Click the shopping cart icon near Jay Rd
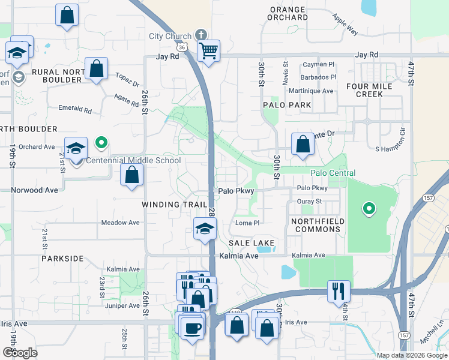tap(208, 50)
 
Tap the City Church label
tap(170, 36)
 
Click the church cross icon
tap(200, 35)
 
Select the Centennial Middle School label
tap(133, 160)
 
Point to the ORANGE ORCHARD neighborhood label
tap(289, 13)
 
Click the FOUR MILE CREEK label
tap(369, 90)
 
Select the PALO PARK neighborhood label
tap(287, 105)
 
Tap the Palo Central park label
tap(328, 173)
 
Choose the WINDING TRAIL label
tap(170, 205)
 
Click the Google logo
tap(20, 352)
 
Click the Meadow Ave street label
tap(120, 223)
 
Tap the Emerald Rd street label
tap(75, 110)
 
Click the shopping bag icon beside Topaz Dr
tap(96, 70)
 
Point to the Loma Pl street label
tap(246, 223)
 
